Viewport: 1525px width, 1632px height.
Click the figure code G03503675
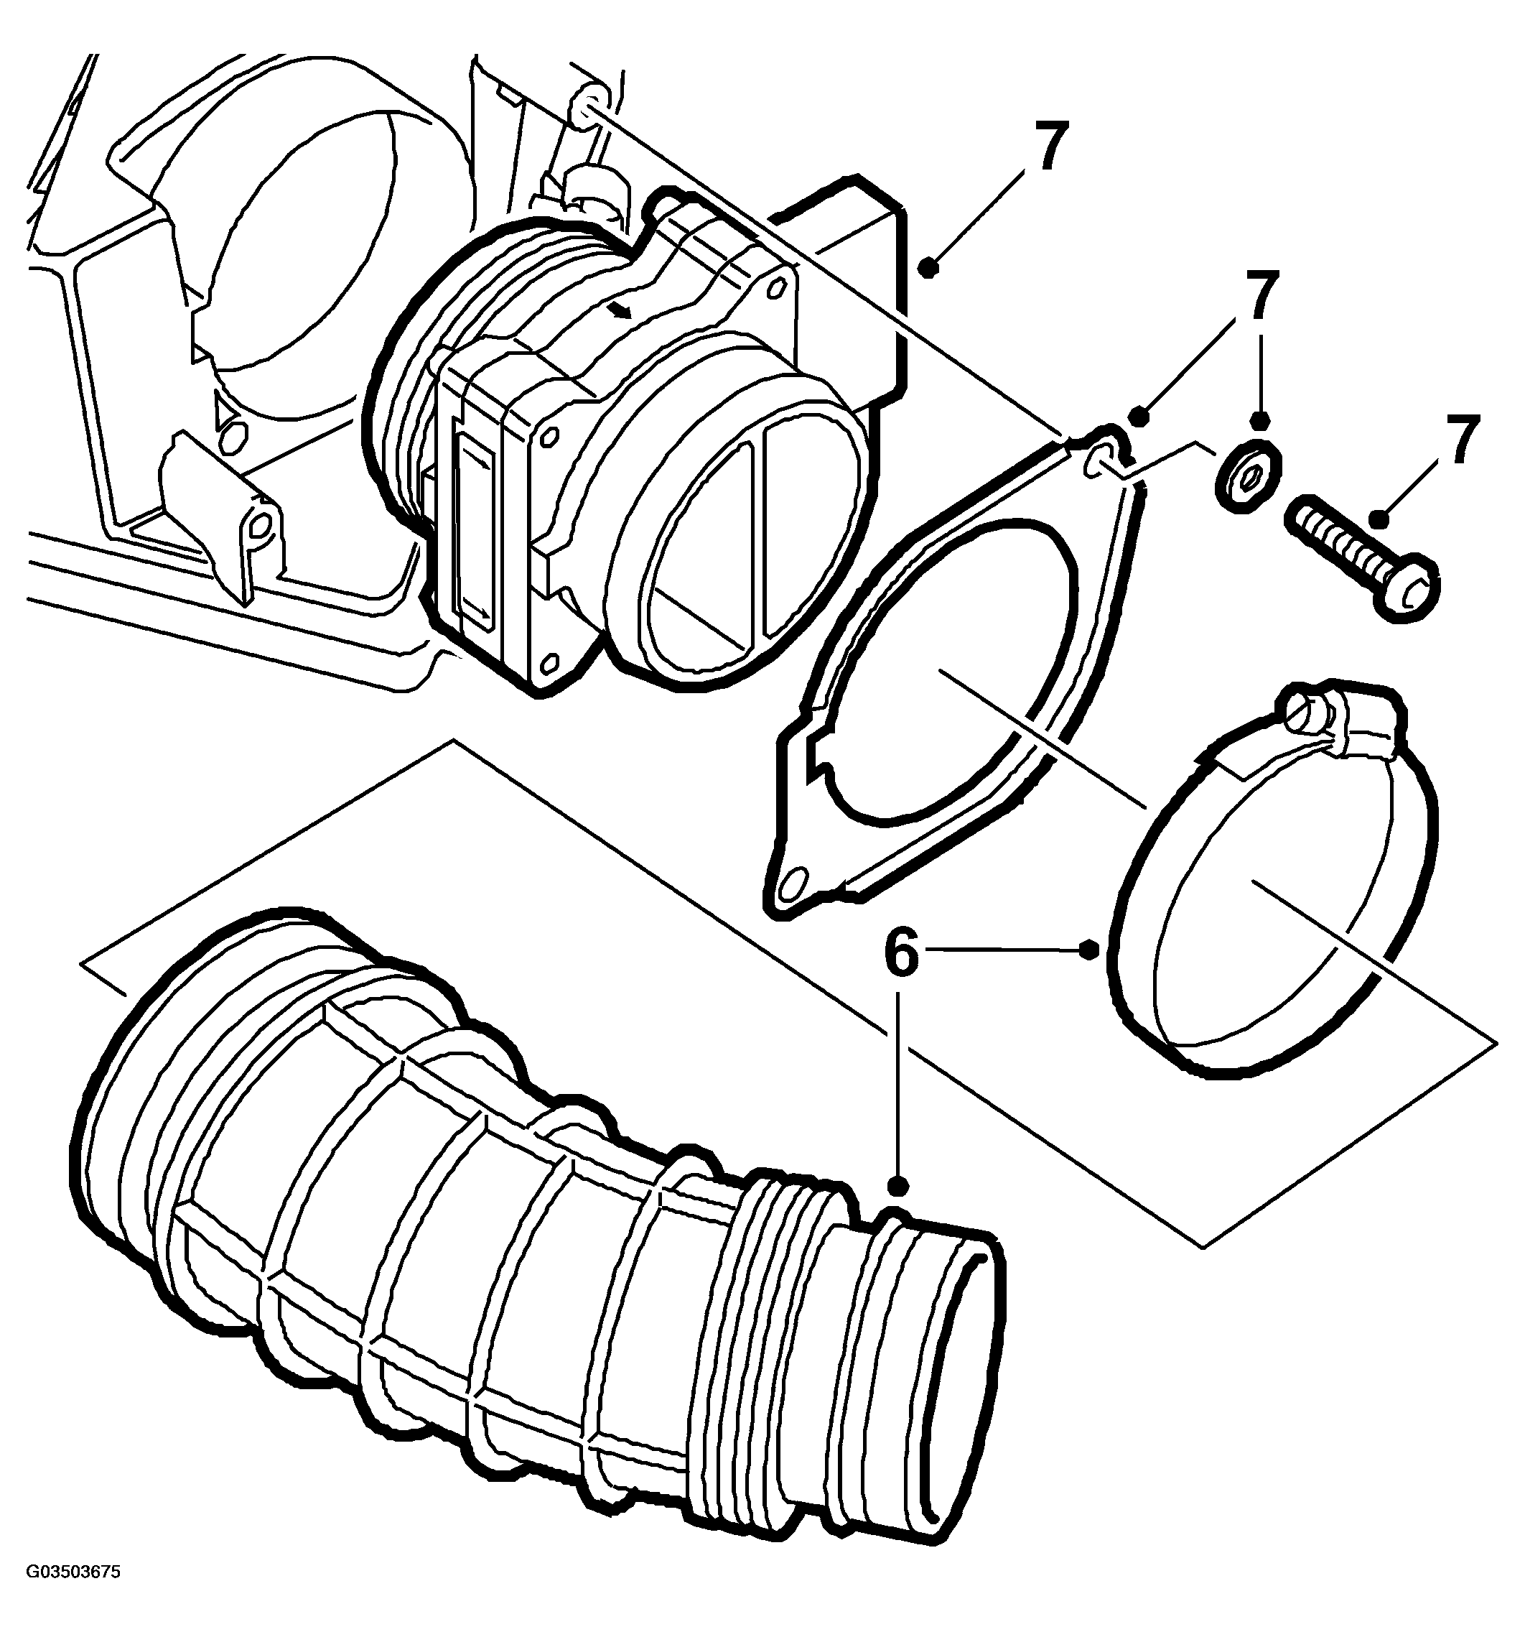coord(73,1595)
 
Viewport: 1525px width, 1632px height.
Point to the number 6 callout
coord(901,954)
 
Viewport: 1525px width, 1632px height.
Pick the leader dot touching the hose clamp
coord(1089,950)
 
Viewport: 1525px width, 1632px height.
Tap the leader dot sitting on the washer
coord(1261,421)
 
